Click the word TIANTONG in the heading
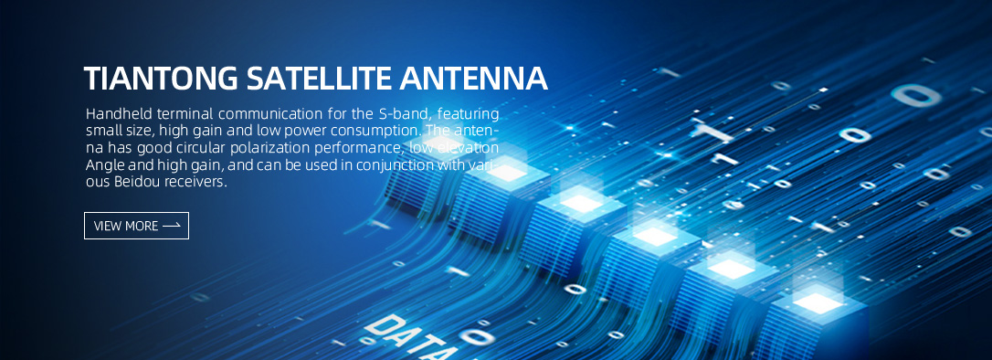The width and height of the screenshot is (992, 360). (x=162, y=78)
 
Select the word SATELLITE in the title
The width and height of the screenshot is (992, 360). (x=319, y=78)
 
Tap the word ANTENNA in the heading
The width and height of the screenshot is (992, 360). (x=473, y=78)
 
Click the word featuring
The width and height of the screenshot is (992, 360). (x=469, y=114)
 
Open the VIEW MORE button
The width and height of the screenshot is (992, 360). (x=137, y=226)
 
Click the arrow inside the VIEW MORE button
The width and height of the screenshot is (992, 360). (x=172, y=226)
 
